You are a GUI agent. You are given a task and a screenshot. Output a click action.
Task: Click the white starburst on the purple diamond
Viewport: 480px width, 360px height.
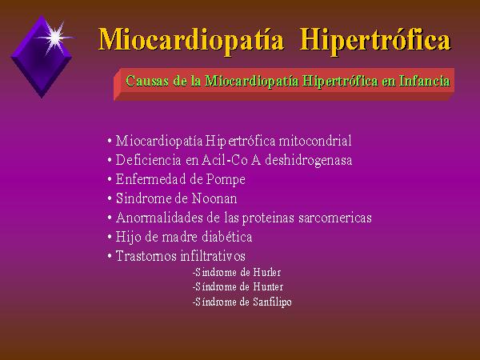coord(55,37)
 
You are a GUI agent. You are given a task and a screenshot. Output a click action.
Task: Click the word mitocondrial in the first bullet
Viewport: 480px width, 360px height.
coord(315,141)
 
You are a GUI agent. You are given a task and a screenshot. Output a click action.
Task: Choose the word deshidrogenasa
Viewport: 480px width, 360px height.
coord(309,160)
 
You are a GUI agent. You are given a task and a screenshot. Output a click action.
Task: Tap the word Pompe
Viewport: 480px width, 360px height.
coord(226,180)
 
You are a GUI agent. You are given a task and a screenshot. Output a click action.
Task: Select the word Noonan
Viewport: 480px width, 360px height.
coord(214,198)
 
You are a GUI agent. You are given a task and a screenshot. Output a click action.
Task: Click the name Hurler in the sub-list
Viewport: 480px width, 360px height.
coord(267,272)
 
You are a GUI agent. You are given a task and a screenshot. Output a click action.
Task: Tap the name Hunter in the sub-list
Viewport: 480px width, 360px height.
coord(268,287)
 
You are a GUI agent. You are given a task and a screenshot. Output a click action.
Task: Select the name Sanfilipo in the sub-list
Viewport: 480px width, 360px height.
coord(273,302)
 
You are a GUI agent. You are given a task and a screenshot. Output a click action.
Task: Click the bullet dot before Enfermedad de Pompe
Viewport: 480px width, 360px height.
coord(110,179)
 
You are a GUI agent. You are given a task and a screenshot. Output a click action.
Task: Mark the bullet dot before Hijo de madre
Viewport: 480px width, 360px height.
coord(110,238)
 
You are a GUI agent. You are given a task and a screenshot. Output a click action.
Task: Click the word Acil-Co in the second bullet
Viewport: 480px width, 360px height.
coord(224,160)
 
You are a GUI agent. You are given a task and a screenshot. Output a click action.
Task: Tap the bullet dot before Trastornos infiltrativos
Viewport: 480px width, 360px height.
coord(110,256)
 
